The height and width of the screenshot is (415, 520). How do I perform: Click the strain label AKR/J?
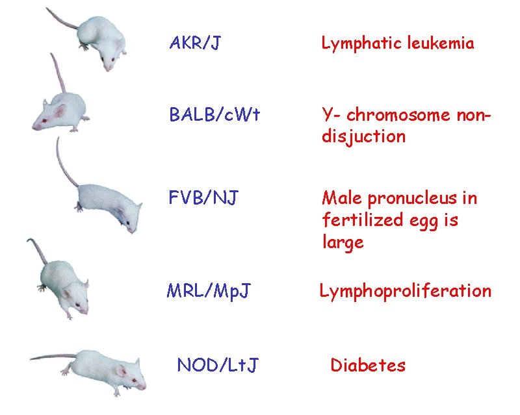(195, 44)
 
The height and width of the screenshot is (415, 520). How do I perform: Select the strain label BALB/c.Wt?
(214, 115)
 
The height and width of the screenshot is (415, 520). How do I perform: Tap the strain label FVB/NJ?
(203, 196)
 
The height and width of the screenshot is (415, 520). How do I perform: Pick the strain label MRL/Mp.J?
(209, 291)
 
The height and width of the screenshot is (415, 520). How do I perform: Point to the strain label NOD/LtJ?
(217, 366)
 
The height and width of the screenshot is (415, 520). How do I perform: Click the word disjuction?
(364, 137)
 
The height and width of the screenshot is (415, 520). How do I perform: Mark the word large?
(343, 243)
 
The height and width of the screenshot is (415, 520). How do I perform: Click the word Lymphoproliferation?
(405, 291)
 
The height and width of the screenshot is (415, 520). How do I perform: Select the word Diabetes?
(368, 366)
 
